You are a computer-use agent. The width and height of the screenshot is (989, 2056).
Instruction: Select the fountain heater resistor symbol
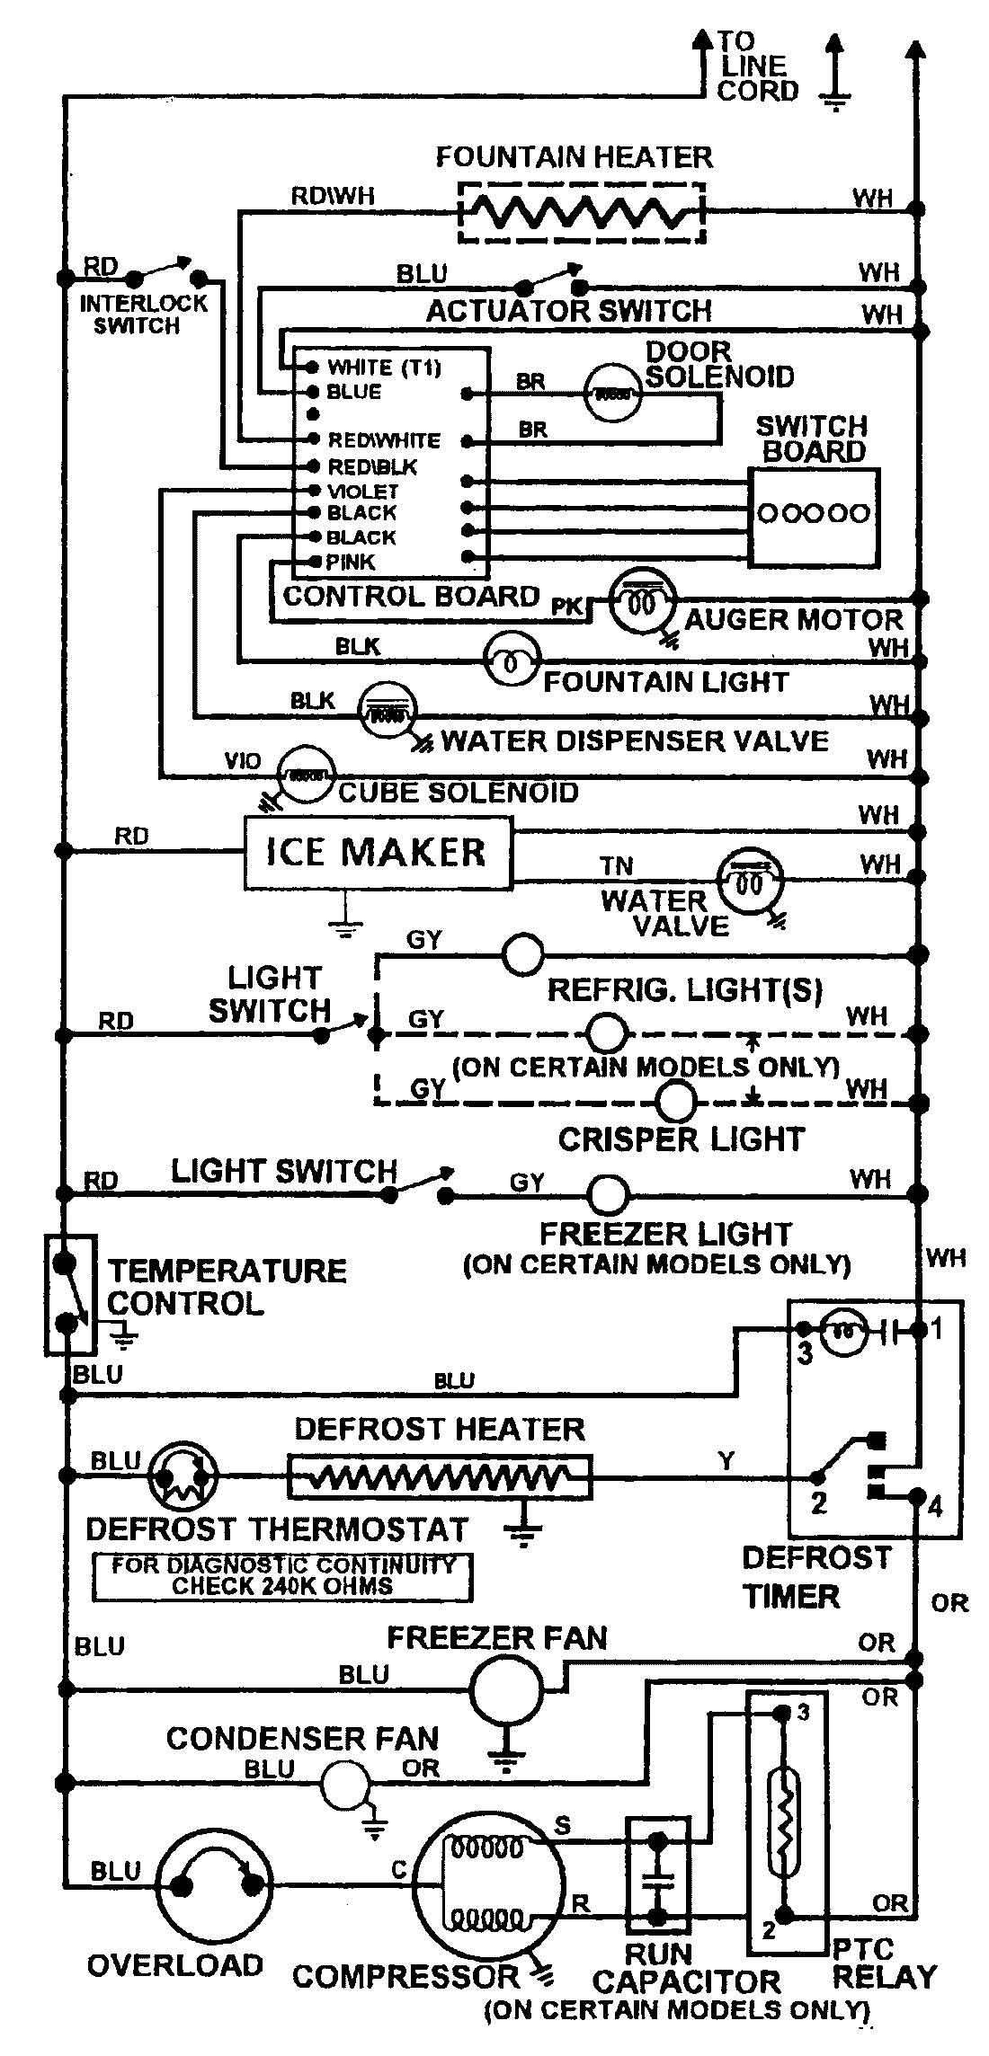click(x=581, y=212)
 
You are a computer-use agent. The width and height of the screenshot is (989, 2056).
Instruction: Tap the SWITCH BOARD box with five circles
click(x=814, y=515)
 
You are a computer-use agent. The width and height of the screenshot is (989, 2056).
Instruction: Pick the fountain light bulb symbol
click(x=512, y=662)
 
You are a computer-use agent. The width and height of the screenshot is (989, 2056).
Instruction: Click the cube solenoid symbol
click(x=305, y=772)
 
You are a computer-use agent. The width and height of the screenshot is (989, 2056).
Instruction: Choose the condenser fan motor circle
click(x=346, y=1785)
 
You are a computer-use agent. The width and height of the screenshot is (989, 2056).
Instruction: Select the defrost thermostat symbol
click(x=183, y=1476)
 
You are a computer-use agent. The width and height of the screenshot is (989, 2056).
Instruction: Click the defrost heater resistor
click(x=439, y=1476)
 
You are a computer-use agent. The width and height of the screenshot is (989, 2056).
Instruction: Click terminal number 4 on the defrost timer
click(x=934, y=1505)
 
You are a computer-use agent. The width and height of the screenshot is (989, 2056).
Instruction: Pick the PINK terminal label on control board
click(x=351, y=562)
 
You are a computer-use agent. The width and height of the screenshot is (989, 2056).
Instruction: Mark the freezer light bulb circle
click(x=609, y=1194)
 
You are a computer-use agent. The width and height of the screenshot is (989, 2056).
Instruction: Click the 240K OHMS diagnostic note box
click(x=281, y=1577)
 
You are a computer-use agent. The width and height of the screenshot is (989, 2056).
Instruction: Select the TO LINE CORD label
click(x=757, y=66)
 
